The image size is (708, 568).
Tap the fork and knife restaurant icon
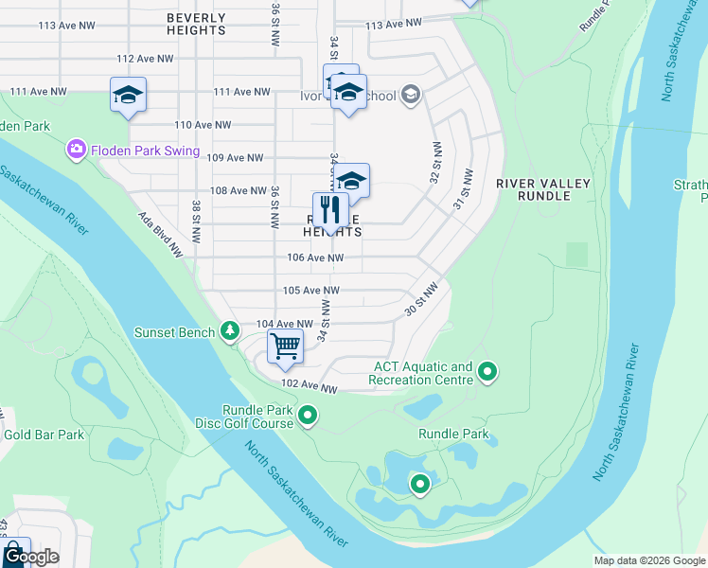(x=330, y=209)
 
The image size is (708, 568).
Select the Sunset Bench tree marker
(x=229, y=330)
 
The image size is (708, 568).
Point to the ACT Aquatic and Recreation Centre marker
(x=487, y=372)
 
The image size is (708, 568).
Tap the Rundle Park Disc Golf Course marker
(x=308, y=416)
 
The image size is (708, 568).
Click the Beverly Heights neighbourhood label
(x=196, y=24)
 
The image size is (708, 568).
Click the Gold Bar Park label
(x=44, y=435)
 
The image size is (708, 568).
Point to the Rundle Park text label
(x=453, y=435)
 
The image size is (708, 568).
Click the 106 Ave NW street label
(x=314, y=257)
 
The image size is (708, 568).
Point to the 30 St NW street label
(x=422, y=299)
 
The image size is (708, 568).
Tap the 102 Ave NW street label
(x=310, y=388)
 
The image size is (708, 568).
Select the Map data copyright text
(x=648, y=560)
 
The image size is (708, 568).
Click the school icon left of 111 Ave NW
(x=128, y=95)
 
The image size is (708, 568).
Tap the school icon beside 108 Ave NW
(x=350, y=181)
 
